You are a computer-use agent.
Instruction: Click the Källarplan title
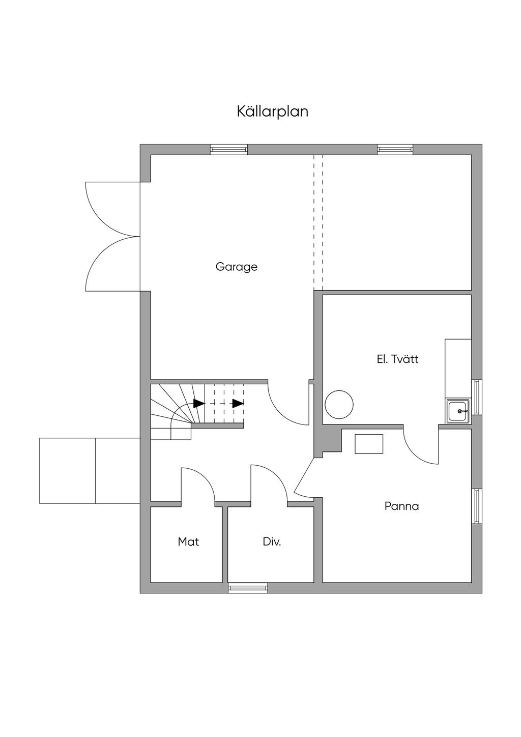click(272, 111)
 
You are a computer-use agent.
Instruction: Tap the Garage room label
click(237, 266)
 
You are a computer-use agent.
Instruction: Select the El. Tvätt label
click(397, 359)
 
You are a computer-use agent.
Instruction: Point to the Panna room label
click(401, 506)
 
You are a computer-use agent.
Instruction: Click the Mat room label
click(188, 542)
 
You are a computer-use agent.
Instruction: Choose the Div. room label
click(272, 542)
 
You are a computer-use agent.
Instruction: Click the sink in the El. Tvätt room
click(459, 411)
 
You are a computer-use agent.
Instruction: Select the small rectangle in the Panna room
click(369, 443)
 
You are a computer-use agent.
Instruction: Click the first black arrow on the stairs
click(198, 404)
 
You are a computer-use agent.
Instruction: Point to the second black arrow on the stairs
click(238, 404)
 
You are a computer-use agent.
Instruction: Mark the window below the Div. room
click(248, 588)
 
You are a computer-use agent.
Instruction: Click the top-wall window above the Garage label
click(229, 149)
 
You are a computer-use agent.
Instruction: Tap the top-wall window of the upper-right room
click(395, 149)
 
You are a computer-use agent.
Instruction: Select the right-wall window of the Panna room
click(477, 506)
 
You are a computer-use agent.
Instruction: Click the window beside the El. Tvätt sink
click(477, 397)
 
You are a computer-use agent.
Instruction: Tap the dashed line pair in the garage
click(318, 221)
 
